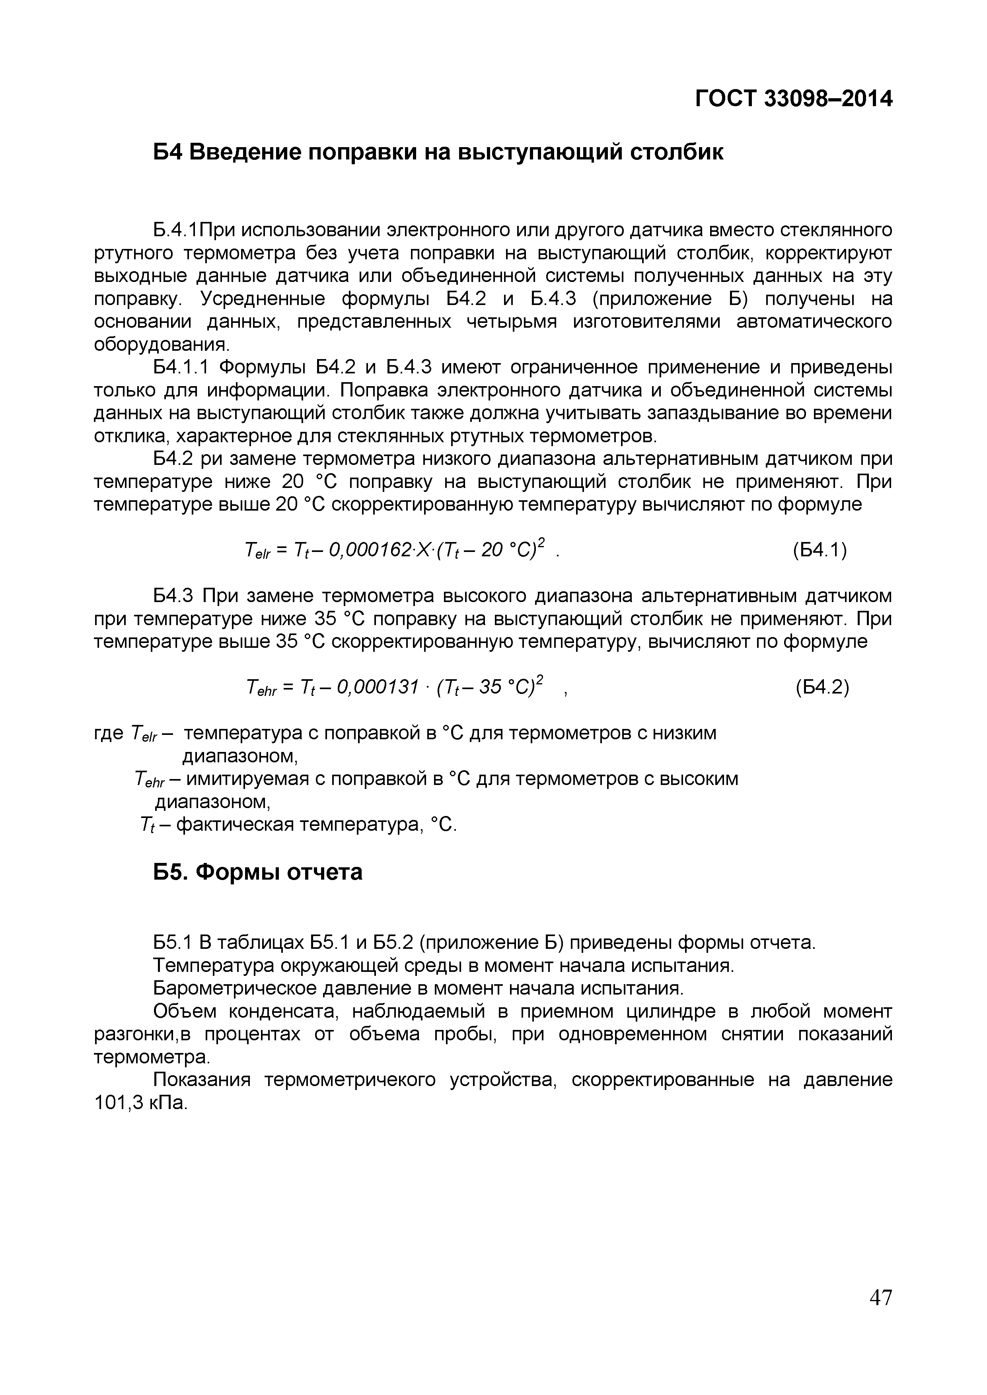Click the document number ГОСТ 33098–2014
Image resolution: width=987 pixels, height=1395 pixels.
794,99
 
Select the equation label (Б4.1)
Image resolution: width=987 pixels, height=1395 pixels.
820,550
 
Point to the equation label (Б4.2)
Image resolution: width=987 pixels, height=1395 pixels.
822,687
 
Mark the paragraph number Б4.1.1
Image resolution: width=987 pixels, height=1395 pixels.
181,367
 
